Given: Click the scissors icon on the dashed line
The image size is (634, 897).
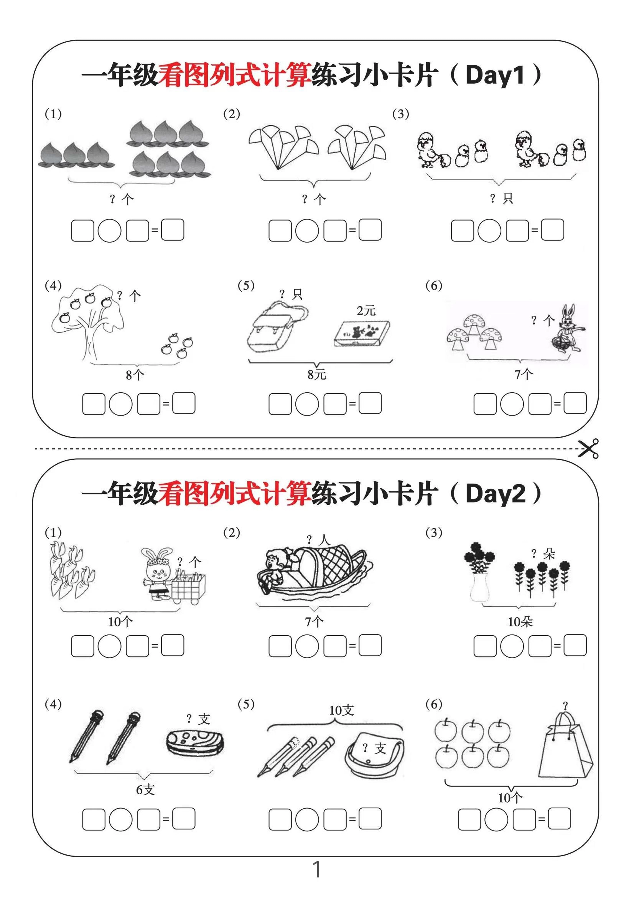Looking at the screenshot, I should (x=588, y=448).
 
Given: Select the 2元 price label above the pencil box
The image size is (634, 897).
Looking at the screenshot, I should (x=366, y=311).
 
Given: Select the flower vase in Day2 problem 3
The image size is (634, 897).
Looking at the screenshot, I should (x=480, y=586).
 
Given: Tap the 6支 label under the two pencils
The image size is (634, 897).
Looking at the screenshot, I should (x=145, y=790).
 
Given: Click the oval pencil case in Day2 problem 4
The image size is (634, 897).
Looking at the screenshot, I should (x=195, y=742).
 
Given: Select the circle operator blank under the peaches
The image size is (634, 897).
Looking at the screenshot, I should (x=109, y=231).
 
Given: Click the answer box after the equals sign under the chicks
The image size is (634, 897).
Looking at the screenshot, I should (x=552, y=230).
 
